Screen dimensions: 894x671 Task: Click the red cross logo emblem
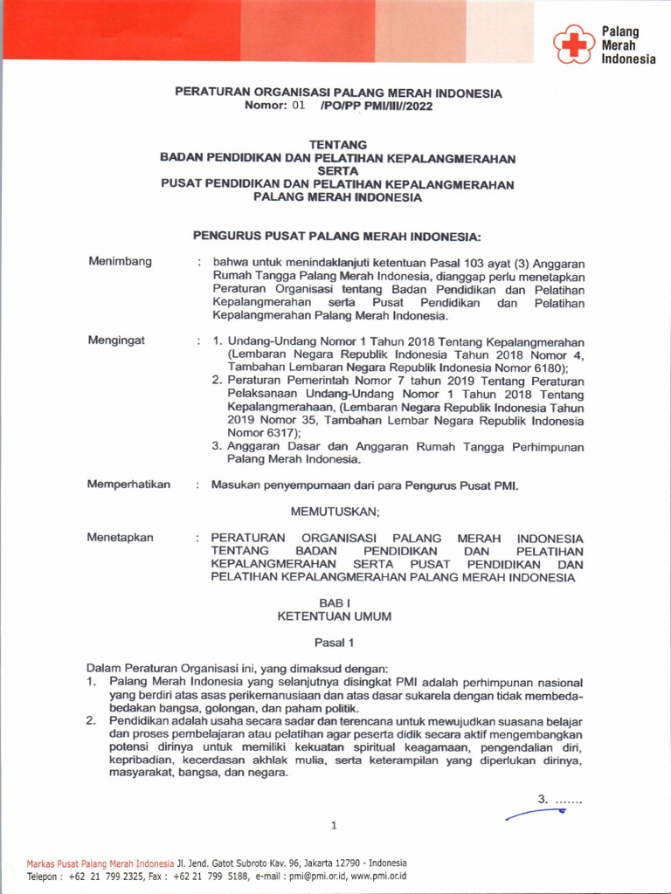coord(572,45)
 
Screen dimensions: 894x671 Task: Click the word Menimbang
coord(121,262)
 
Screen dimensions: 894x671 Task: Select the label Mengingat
coord(116,340)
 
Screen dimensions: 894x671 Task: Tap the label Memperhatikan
coord(128,485)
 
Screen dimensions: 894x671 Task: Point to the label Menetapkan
coord(120,538)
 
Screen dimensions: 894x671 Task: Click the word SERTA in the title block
coord(337,171)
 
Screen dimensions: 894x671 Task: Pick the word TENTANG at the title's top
coord(337,145)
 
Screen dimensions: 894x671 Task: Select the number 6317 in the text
coord(279,432)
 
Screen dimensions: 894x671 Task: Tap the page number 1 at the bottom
coord(334,825)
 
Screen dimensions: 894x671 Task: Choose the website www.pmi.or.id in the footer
coord(378,876)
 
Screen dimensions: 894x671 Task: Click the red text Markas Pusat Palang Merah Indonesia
coord(100,863)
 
